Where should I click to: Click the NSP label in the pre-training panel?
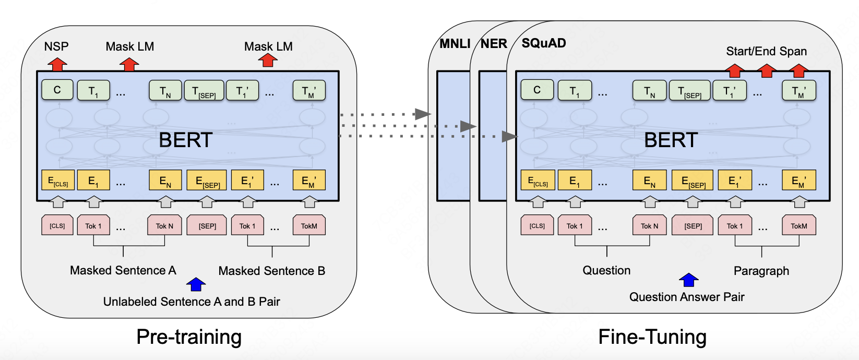pyautogui.click(x=56, y=46)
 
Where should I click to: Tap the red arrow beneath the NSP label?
pyautogui.click(x=57, y=64)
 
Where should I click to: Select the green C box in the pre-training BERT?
pyautogui.click(x=57, y=90)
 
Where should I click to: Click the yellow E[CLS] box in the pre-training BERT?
pyautogui.click(x=58, y=181)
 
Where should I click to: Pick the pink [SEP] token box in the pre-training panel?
pyautogui.click(x=207, y=225)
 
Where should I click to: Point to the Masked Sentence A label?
pyautogui.click(x=123, y=270)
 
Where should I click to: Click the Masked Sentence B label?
pyautogui.click(x=271, y=271)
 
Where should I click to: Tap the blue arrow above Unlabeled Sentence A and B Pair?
pyautogui.click(x=196, y=284)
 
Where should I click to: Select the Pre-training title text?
pyautogui.click(x=189, y=337)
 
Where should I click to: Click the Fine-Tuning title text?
pyautogui.click(x=652, y=337)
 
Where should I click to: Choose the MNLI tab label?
pyautogui.click(x=455, y=44)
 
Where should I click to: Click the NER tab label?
pyautogui.click(x=494, y=44)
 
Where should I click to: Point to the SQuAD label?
pyautogui.click(x=544, y=43)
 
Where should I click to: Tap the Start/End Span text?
pyautogui.click(x=766, y=51)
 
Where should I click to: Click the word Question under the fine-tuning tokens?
pyautogui.click(x=606, y=270)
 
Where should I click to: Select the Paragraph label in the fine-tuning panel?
pyautogui.click(x=761, y=271)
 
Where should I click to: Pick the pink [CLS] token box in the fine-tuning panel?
pyautogui.click(x=537, y=225)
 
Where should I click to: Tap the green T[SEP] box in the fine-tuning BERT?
pyautogui.click(x=689, y=90)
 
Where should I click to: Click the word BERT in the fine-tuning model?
pyautogui.click(x=671, y=140)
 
